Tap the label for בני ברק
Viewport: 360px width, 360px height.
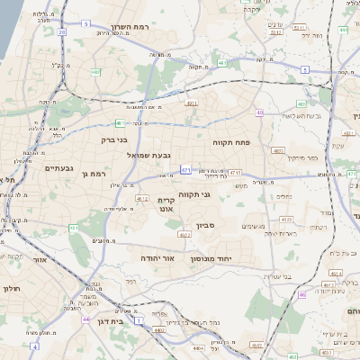coord(114,140)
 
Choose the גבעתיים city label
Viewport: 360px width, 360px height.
coord(58,167)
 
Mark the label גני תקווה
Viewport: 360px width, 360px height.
coord(217,194)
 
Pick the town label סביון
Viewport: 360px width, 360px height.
coord(204,227)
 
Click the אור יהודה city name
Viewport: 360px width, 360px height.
coord(157,257)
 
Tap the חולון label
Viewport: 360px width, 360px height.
coord(11,289)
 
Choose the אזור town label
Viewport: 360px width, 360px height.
coord(39,260)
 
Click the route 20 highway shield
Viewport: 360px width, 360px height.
coord(61,32)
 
